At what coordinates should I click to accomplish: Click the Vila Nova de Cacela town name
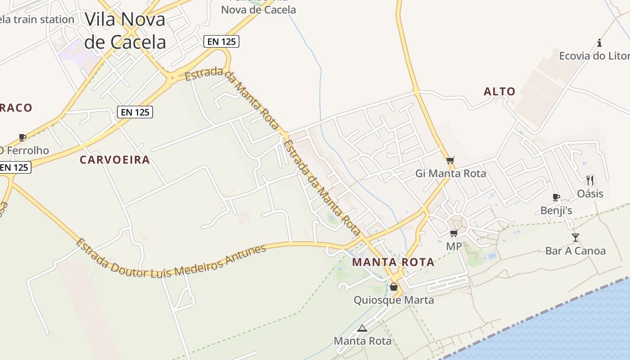tap(125, 31)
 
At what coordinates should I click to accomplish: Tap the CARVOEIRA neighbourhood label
tap(115, 160)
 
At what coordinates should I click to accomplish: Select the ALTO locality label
tap(499, 92)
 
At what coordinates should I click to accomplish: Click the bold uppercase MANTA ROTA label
tap(393, 262)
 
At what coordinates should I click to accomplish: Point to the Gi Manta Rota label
tap(450, 173)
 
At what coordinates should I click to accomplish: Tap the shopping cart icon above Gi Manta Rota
tap(450, 160)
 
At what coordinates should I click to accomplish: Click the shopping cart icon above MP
tap(454, 233)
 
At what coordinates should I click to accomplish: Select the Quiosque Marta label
tap(394, 300)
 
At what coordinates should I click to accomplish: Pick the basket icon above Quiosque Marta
tap(394, 287)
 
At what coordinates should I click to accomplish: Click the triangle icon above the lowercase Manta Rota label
tap(362, 328)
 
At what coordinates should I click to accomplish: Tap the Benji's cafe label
tap(556, 210)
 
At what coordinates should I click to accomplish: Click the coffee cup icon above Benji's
tap(556, 197)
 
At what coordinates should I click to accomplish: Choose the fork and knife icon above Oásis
tap(590, 180)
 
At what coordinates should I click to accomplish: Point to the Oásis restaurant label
tap(590, 194)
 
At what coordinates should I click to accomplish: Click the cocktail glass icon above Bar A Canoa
tap(576, 237)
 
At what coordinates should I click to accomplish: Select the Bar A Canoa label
tap(576, 251)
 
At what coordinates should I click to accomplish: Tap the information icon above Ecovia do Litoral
tap(599, 43)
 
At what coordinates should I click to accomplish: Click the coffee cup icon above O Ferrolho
tap(22, 137)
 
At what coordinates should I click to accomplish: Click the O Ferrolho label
tap(24, 150)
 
